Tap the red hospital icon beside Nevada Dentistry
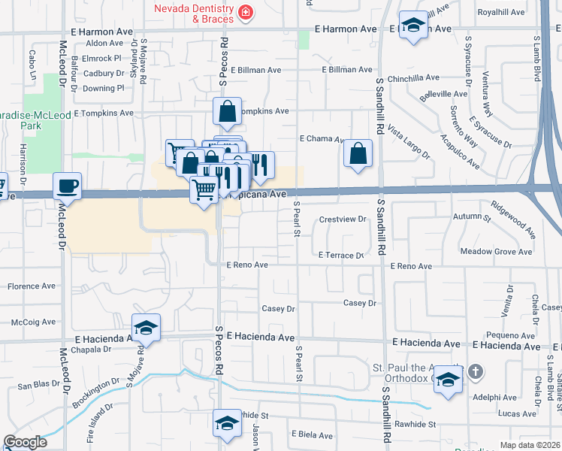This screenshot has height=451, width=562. (x=245, y=13)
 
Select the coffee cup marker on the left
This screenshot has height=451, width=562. (x=67, y=186)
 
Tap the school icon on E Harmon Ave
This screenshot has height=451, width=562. (x=412, y=26)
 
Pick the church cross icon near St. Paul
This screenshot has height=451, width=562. (x=474, y=371)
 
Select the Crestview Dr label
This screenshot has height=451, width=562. (x=342, y=219)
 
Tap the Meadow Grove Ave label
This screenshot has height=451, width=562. (x=497, y=252)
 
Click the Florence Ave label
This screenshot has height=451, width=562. (x=31, y=286)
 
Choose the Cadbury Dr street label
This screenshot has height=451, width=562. (x=104, y=73)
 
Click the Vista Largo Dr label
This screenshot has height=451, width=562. (x=408, y=143)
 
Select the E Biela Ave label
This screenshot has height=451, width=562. (x=312, y=435)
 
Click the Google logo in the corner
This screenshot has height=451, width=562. (x=25, y=443)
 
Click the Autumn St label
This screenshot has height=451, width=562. (x=472, y=217)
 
